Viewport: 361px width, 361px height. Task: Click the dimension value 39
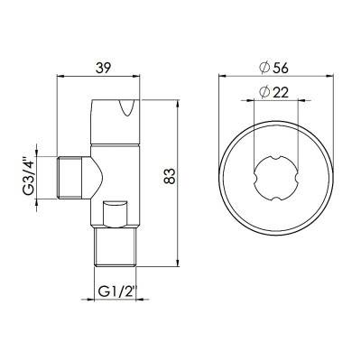tap(105, 67)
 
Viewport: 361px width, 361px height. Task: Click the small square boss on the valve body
tap(116, 213)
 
